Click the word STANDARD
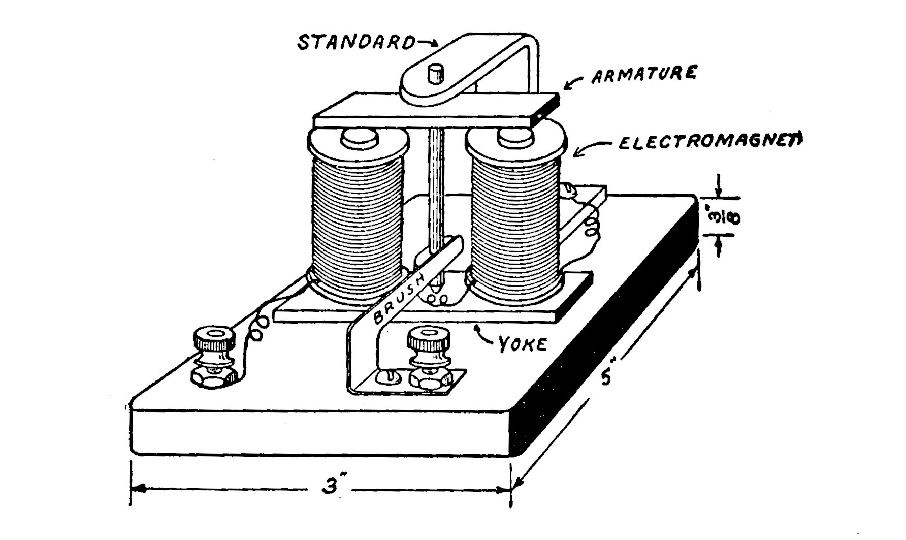point(355,42)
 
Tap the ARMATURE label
point(643,75)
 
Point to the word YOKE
point(522,344)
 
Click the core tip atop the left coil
point(359,138)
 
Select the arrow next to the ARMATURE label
point(575,83)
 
